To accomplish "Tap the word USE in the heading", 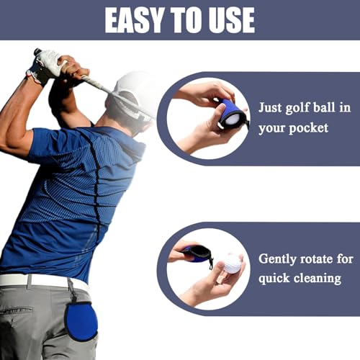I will coord(230,19).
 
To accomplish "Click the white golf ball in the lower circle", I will coord(232,264).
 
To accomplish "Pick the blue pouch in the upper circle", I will coord(233,114).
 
